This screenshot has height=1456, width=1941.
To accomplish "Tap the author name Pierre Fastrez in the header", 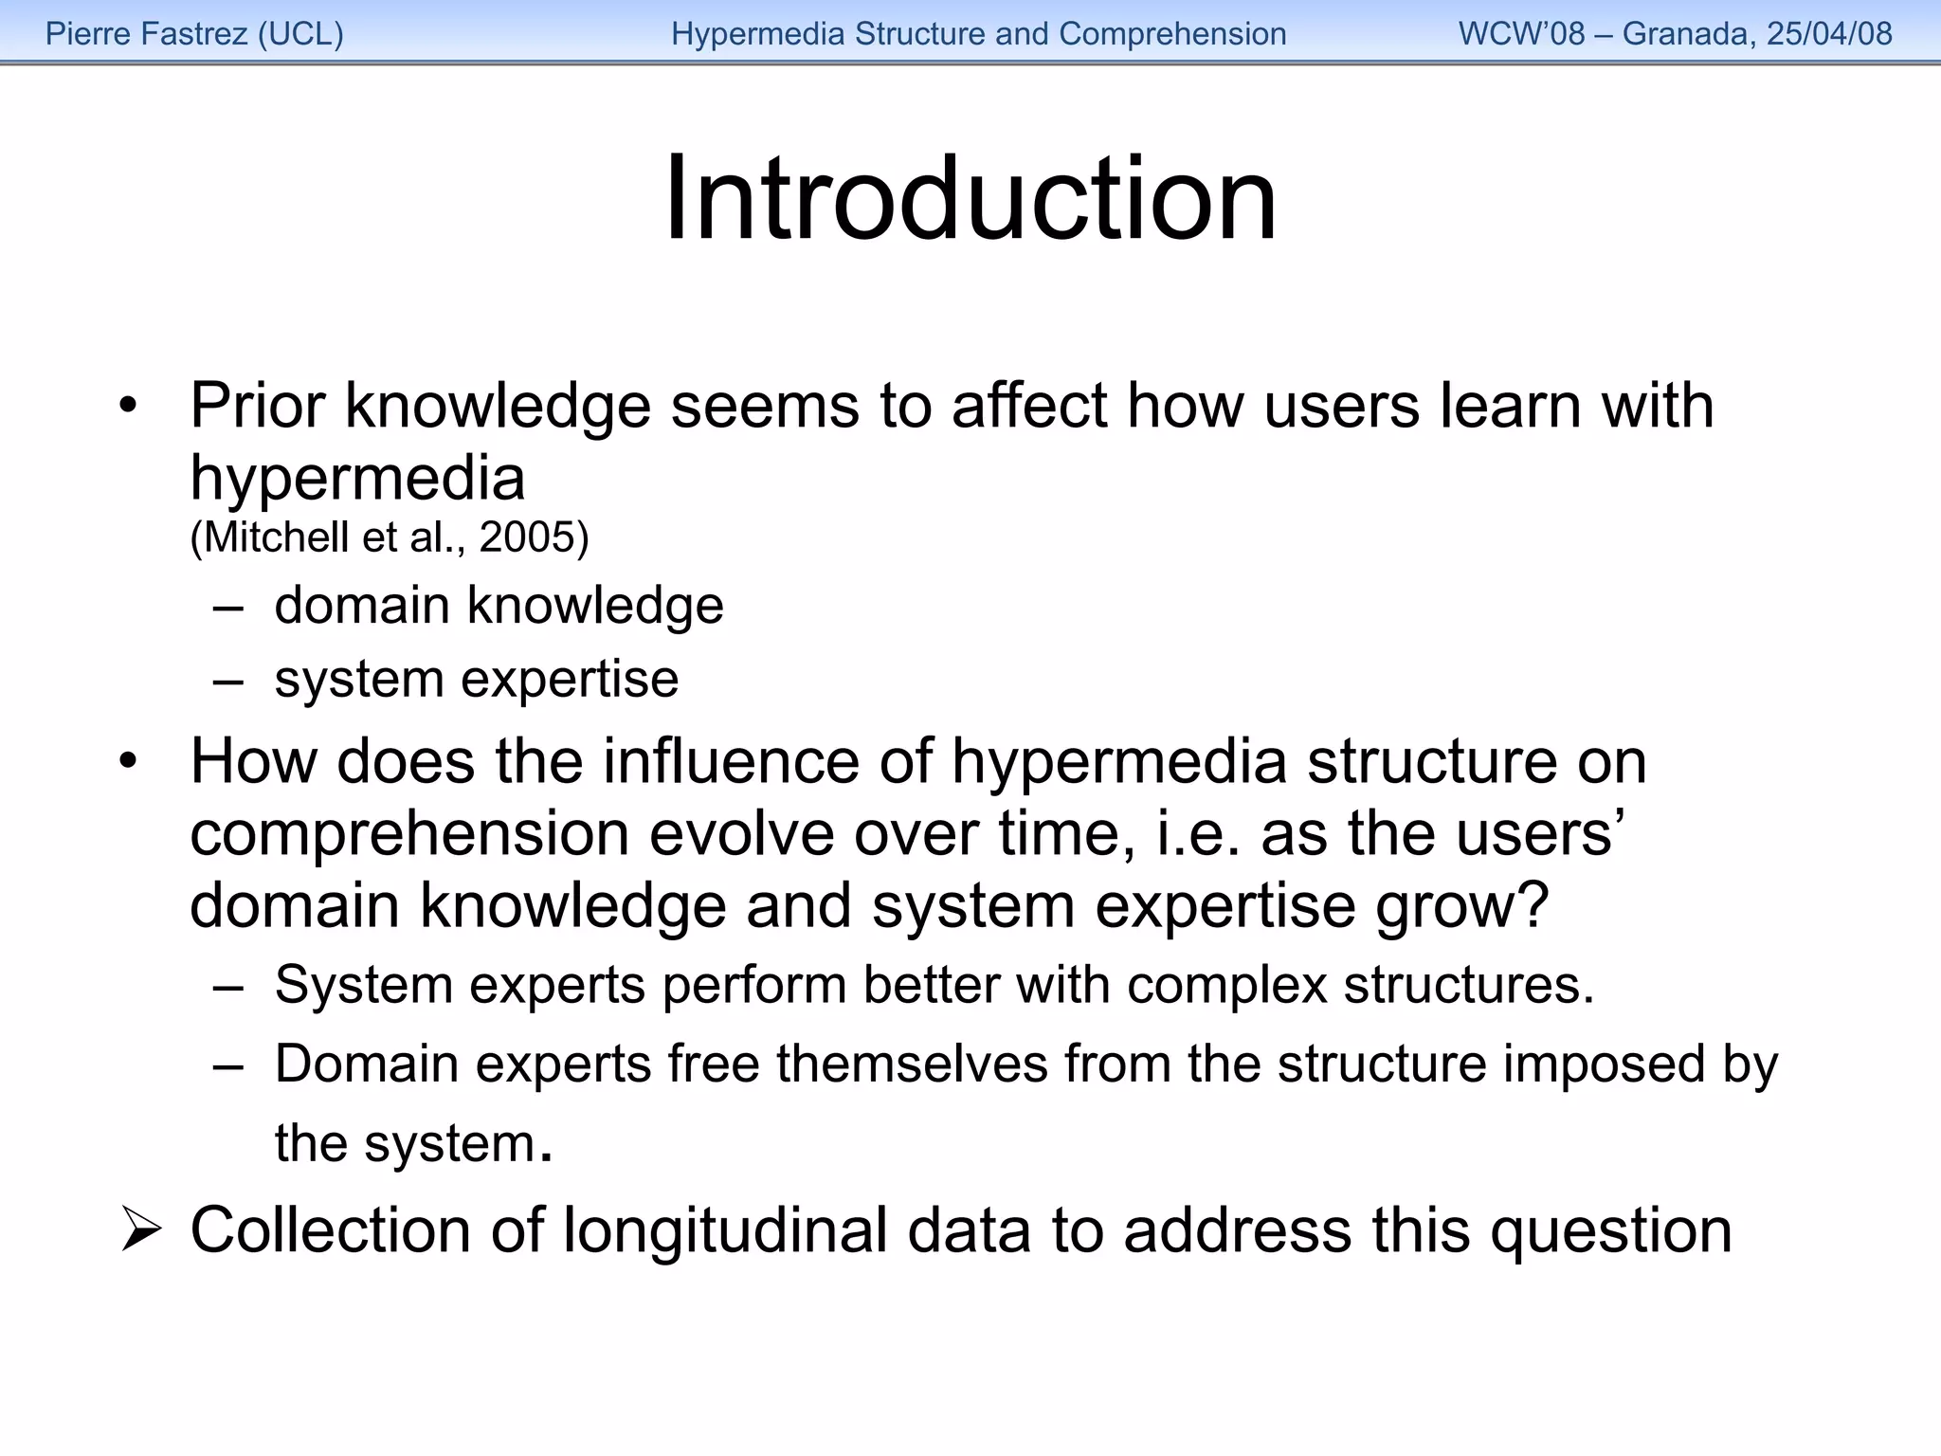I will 147,34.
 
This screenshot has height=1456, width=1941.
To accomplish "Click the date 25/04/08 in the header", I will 1829,34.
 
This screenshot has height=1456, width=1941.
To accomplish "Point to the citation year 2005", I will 527,537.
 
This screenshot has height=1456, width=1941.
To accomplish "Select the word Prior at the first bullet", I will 258,406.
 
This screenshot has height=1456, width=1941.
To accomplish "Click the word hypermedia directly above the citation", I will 357,479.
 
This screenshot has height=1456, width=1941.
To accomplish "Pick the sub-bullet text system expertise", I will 476,680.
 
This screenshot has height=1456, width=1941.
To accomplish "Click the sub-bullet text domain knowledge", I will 499,606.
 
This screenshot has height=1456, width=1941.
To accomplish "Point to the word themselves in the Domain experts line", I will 912,1065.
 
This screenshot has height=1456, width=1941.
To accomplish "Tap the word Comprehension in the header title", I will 1172,34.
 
